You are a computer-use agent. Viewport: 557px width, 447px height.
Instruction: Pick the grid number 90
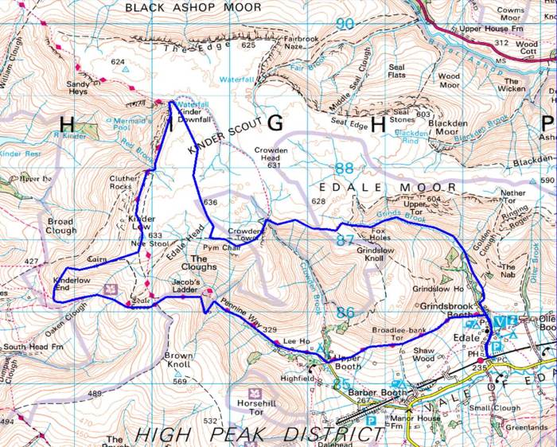point(345,24)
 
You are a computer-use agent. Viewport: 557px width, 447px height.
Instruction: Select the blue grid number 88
point(344,169)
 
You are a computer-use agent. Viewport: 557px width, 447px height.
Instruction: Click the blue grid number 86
point(344,313)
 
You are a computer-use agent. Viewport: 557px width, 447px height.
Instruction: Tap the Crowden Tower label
point(244,234)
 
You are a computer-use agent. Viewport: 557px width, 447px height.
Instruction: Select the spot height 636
point(210,203)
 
